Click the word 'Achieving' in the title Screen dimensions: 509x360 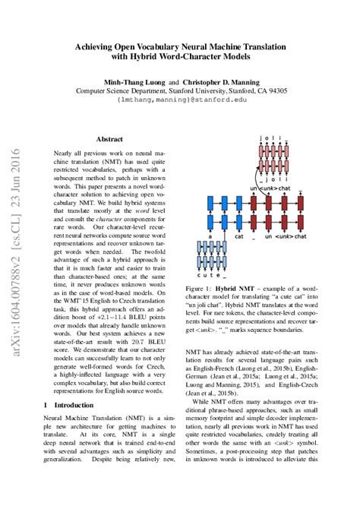click(x=96, y=46)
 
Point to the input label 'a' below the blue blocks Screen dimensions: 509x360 click(x=209, y=237)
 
